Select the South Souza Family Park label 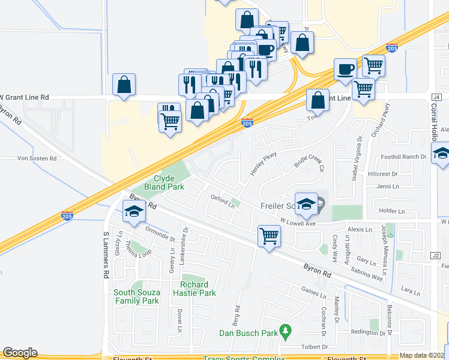(136, 296)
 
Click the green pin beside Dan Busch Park (286, 330)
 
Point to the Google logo (20, 353)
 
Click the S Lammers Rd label (104, 255)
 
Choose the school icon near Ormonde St (133, 211)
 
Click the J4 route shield (436, 97)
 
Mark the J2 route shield (436, 256)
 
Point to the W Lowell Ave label (298, 221)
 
